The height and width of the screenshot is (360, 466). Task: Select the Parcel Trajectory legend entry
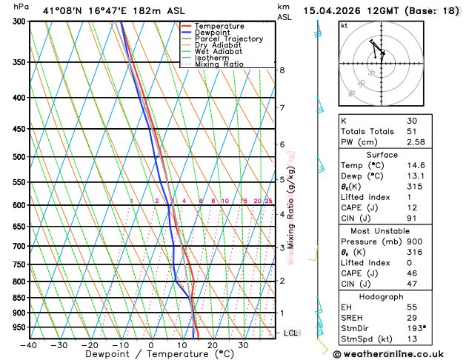click(228, 39)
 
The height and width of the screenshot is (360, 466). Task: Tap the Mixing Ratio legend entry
click(219, 64)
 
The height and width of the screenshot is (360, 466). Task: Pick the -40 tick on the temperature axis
click(29, 344)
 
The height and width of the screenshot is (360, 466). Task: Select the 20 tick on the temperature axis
click(212, 344)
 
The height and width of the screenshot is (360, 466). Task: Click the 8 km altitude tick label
click(282, 70)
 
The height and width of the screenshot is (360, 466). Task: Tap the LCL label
click(290, 333)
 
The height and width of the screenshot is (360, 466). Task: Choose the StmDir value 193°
click(416, 328)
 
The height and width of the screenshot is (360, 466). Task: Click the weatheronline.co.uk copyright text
click(399, 354)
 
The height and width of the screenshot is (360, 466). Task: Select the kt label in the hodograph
click(344, 26)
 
